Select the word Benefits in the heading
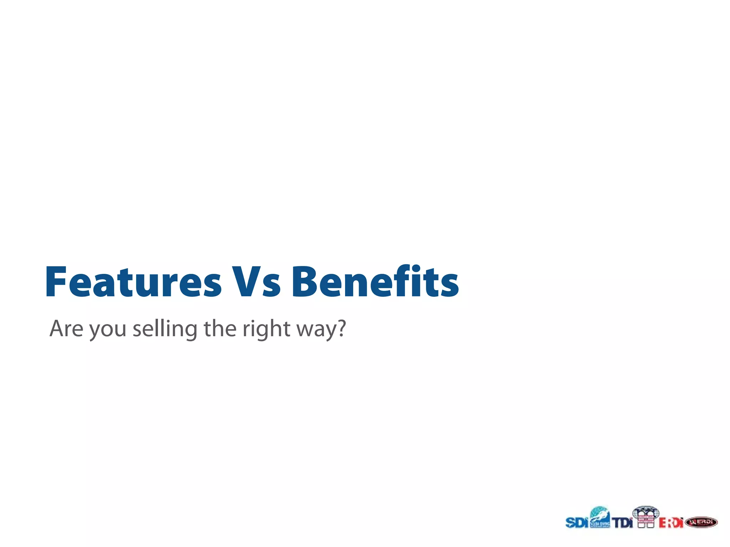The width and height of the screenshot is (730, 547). (375, 282)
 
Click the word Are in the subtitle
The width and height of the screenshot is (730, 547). (66, 328)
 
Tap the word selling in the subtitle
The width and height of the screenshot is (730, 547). (165, 329)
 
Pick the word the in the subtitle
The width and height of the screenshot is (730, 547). (220, 328)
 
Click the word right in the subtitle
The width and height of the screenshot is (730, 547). (266, 329)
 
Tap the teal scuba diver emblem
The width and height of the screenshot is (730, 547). (600, 517)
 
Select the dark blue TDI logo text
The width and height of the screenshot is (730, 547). (622, 523)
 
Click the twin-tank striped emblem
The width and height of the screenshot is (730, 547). (646, 517)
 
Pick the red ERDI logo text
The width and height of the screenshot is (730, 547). (670, 523)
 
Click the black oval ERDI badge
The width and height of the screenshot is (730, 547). (701, 522)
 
